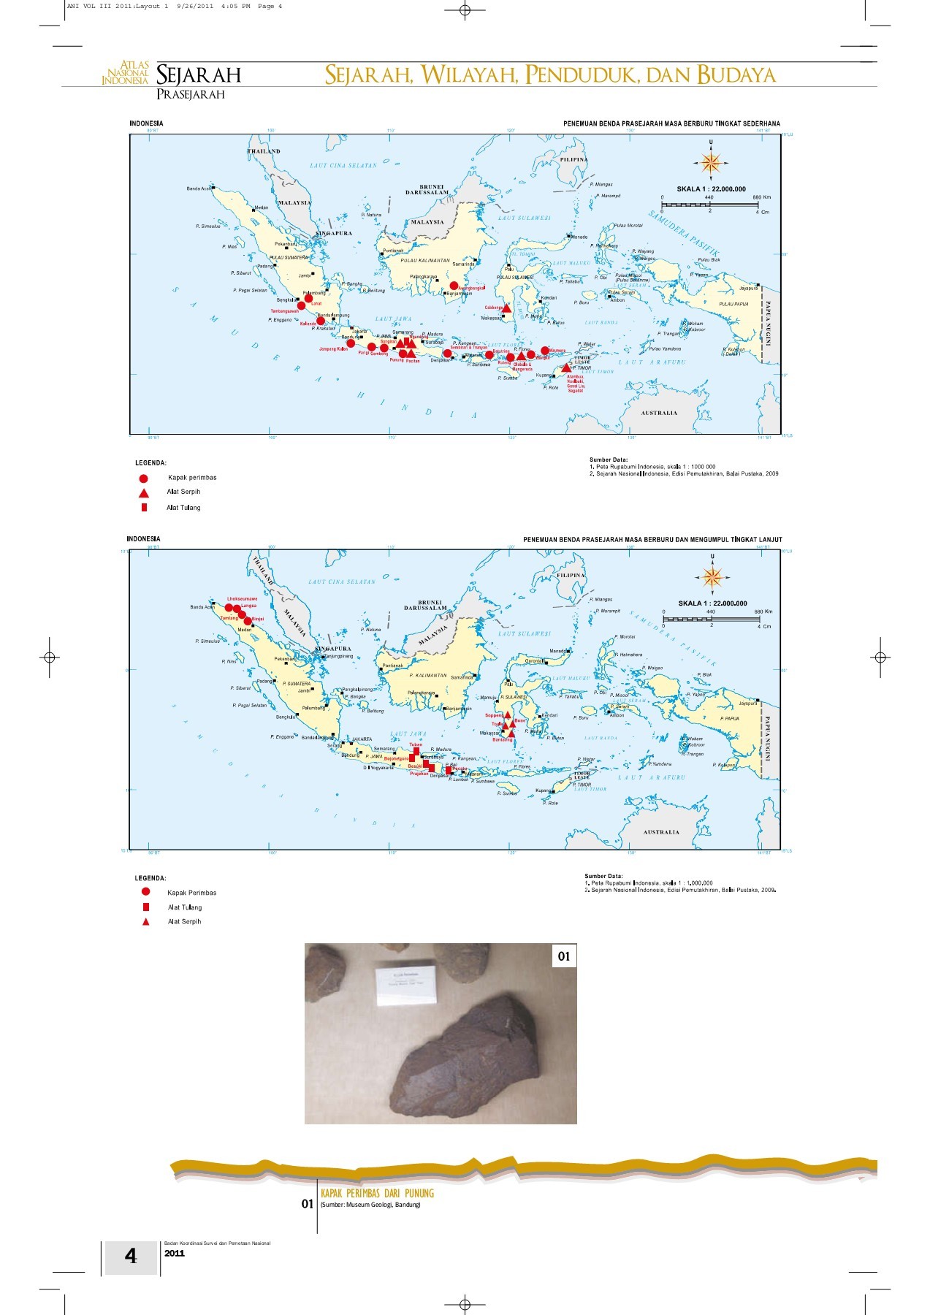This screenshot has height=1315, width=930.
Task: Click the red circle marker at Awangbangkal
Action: [x=454, y=286]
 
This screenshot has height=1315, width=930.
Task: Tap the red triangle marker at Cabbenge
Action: [x=507, y=308]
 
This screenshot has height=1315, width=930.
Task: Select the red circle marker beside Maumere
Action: [x=545, y=351]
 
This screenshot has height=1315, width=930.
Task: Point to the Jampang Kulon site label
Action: [x=333, y=349]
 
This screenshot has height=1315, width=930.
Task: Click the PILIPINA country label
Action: [x=574, y=159]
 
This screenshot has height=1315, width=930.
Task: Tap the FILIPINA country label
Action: [x=571, y=575]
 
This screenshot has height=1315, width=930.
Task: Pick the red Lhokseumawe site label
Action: [x=242, y=599]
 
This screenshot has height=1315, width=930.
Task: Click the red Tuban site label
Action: [x=416, y=744]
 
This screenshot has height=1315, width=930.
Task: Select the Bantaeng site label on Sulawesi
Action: [x=503, y=740]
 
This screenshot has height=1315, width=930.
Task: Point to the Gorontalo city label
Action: [x=534, y=661]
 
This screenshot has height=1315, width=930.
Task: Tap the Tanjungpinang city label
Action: [x=338, y=656]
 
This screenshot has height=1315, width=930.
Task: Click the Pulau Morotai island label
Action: [x=628, y=226]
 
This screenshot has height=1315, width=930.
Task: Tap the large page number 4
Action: [x=131, y=1256]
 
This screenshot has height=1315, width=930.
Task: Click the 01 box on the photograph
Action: [x=563, y=956]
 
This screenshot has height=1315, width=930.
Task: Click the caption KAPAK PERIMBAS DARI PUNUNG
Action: [x=377, y=1194]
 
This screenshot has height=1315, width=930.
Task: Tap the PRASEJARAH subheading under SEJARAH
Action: [x=191, y=94]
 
